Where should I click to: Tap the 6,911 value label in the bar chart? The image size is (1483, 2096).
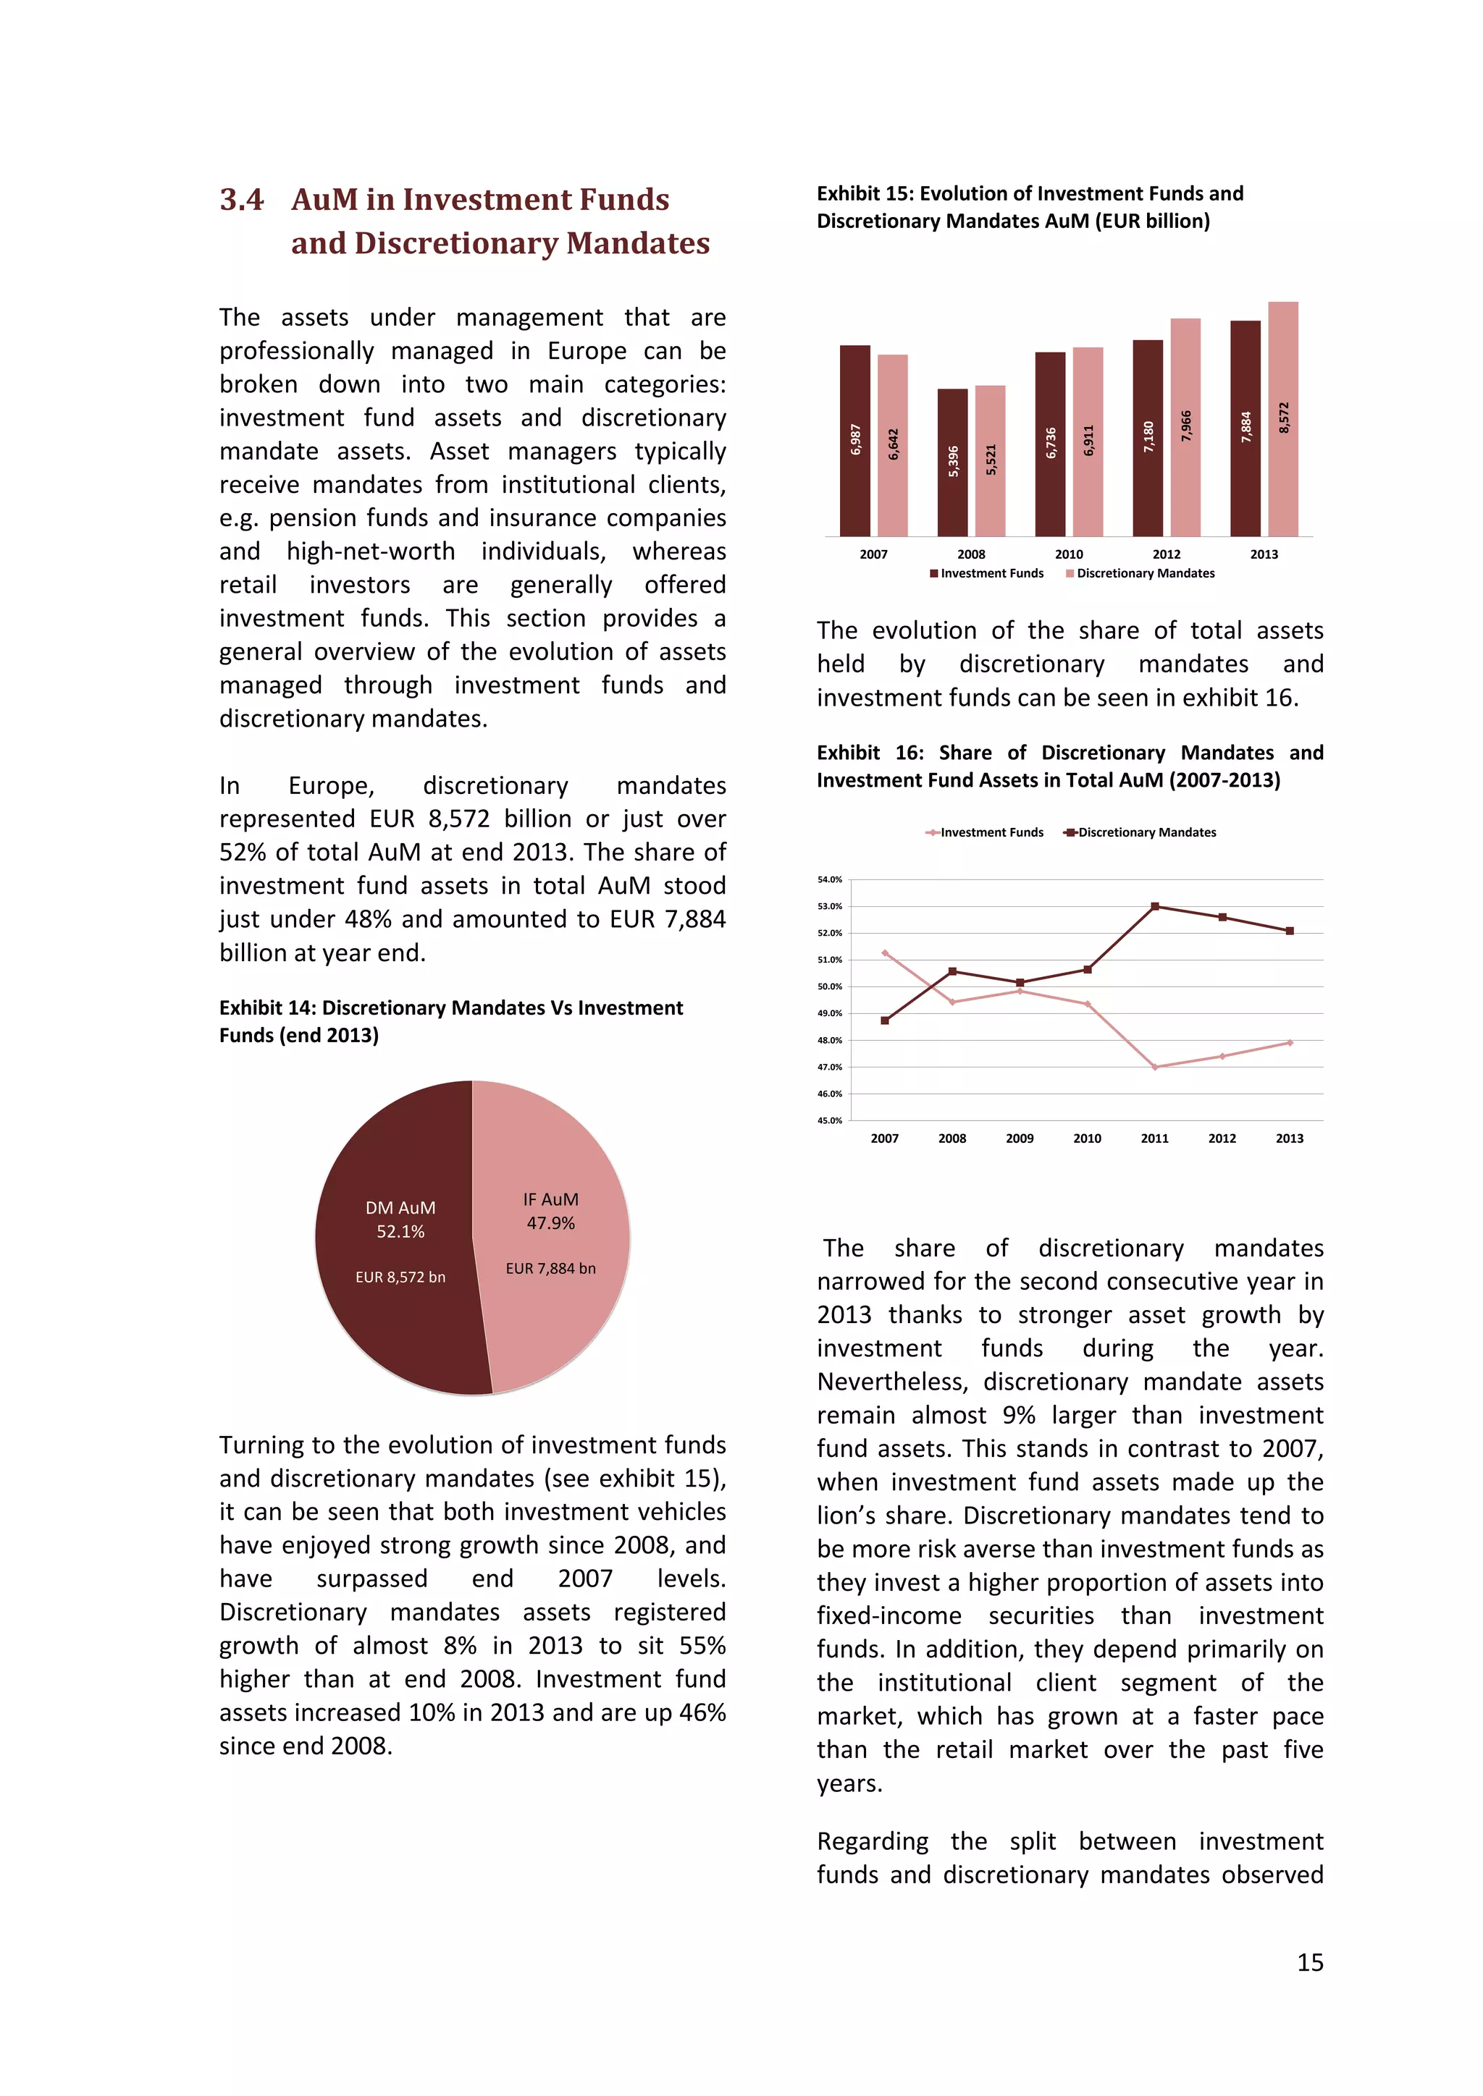click(x=1088, y=441)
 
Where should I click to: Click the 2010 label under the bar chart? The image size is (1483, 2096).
click(x=1068, y=554)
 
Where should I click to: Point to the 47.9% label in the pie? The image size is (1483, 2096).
click(x=550, y=1223)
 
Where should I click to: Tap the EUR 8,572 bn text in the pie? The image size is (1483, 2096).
click(x=400, y=1277)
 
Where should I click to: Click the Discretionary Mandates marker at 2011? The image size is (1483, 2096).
click(x=1155, y=906)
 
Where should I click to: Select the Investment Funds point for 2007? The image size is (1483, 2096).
click(x=885, y=953)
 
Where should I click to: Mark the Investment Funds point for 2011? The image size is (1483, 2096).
click(x=1155, y=1067)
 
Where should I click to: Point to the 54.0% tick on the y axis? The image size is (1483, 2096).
click(x=829, y=880)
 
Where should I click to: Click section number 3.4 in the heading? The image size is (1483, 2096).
click(x=242, y=200)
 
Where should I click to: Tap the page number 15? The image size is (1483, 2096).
click(x=1309, y=1963)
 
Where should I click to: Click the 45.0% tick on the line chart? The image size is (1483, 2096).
click(x=829, y=1120)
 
